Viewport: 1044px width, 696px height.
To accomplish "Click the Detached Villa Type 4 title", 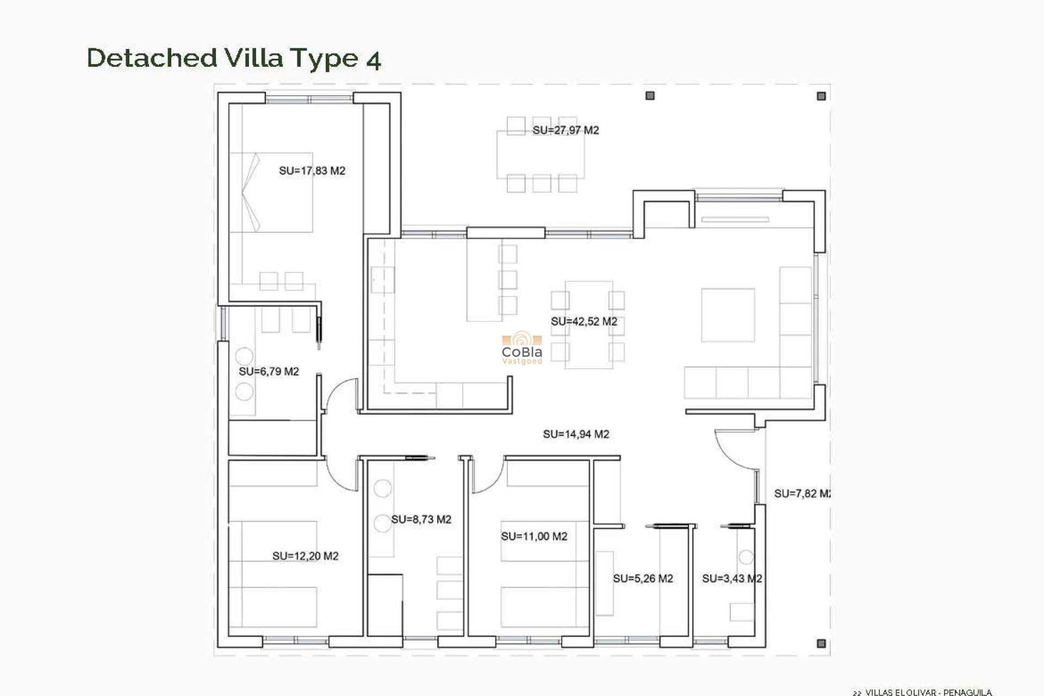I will click(234, 58).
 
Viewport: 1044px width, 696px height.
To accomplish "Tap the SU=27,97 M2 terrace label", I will click(565, 130).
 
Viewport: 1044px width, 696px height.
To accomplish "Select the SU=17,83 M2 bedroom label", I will click(312, 171).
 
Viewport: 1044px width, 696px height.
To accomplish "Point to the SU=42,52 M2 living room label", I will click(584, 321).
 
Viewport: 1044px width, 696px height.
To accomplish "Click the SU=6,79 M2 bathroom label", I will click(269, 371).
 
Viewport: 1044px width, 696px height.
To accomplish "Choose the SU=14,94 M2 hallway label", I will click(576, 434).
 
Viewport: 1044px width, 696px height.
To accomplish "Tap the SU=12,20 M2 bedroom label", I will click(305, 556).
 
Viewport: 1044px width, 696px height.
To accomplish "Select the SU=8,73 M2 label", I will click(421, 519).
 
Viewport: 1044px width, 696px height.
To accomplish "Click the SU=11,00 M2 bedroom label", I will click(534, 536).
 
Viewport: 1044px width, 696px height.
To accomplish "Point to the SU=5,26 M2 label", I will click(643, 579).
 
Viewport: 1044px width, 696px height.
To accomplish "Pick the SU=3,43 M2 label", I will click(732, 579).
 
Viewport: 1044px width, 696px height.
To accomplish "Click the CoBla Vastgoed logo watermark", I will click(522, 349).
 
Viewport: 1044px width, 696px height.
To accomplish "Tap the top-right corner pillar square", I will click(821, 96).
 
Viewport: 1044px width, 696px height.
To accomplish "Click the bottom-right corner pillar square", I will click(821, 643).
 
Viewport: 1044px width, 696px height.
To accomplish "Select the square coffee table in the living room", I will click(728, 315).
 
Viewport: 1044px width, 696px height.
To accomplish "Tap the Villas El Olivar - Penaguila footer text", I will click(928, 692).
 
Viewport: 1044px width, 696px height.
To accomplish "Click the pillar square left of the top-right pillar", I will click(650, 96).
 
